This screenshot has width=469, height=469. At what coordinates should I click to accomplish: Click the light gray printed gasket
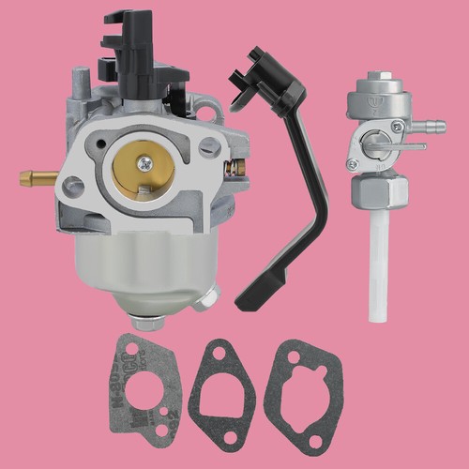pos(141,385)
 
